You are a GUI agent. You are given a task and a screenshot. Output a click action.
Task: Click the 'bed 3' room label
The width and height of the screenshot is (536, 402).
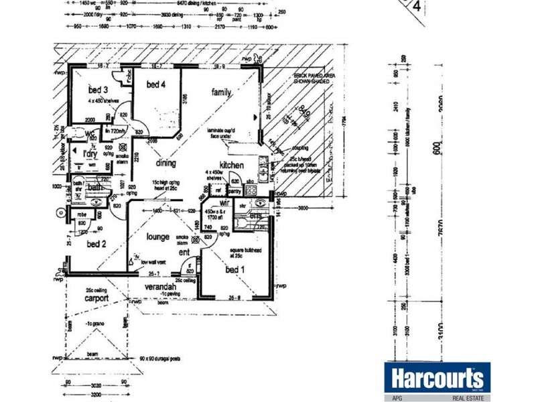(98, 89)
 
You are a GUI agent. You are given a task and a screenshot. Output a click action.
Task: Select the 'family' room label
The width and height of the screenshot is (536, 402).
(222, 91)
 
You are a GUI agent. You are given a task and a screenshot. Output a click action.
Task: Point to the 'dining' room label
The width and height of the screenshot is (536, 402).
(165, 163)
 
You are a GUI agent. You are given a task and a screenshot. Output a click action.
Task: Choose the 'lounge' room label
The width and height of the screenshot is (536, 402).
(158, 237)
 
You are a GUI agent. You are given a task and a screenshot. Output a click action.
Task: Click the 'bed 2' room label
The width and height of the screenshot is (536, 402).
(96, 243)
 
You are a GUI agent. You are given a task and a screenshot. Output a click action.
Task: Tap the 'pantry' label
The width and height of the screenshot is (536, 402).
(233, 191)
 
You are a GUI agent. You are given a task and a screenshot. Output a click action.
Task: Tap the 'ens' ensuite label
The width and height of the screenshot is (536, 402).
(255, 216)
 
